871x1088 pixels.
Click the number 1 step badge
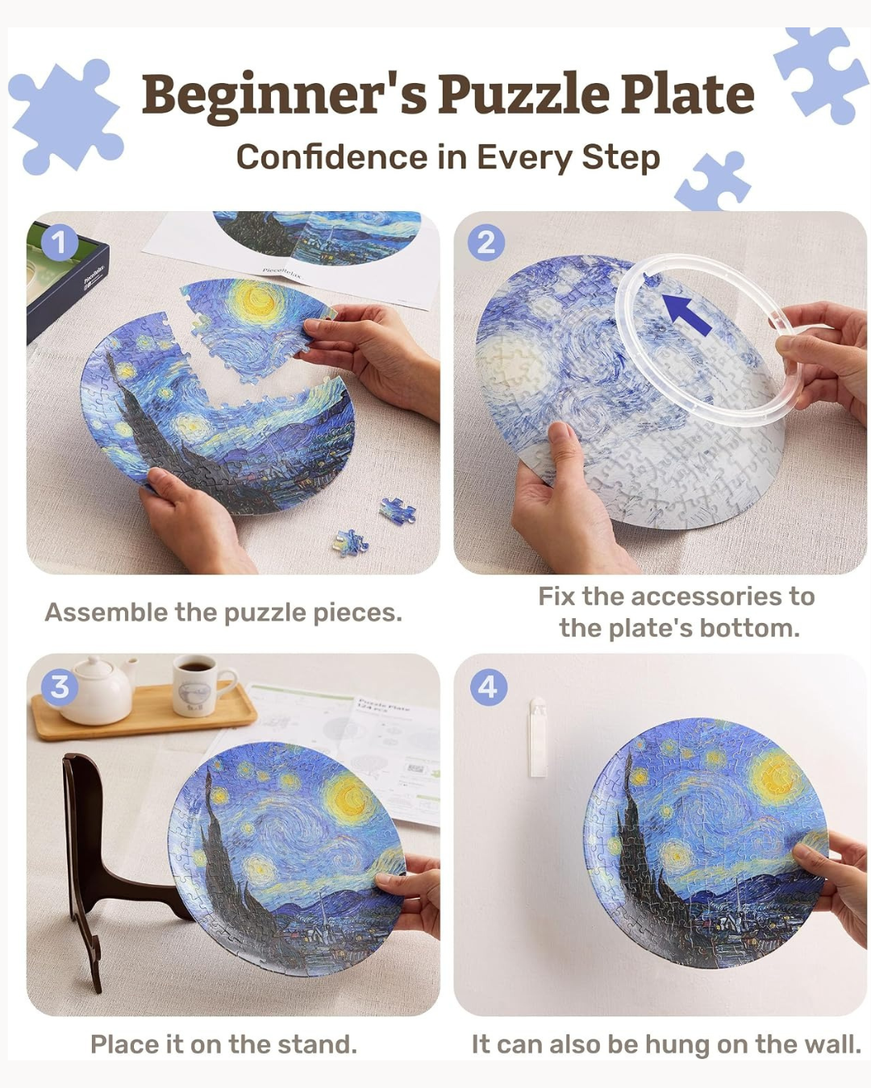point(60,243)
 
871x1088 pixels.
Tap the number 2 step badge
point(486,243)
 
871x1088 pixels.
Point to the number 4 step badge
point(489,687)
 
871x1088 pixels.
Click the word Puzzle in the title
point(523,94)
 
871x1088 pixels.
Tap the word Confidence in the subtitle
point(332,157)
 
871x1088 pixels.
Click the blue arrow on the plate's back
point(688,315)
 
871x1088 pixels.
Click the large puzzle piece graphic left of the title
point(66,116)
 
